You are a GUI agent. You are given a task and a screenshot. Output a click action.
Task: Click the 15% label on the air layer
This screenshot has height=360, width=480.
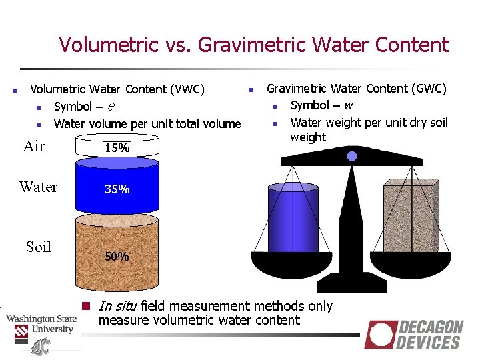click(117, 148)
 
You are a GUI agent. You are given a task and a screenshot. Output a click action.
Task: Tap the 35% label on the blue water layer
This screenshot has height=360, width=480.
click(117, 189)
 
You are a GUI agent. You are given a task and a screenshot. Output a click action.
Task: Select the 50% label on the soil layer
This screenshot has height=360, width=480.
click(117, 256)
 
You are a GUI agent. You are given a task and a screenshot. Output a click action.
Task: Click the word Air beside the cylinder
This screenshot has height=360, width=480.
click(34, 147)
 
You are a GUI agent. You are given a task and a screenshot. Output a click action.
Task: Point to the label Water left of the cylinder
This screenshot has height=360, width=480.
click(38, 187)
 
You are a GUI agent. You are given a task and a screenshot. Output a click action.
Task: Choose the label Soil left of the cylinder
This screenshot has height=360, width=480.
click(39, 247)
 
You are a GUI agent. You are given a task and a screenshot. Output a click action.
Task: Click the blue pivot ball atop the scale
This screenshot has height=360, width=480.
click(353, 156)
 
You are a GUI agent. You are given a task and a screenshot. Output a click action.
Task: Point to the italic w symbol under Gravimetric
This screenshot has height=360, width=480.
click(349, 105)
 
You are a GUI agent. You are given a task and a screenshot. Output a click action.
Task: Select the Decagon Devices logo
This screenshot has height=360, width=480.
click(414, 334)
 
